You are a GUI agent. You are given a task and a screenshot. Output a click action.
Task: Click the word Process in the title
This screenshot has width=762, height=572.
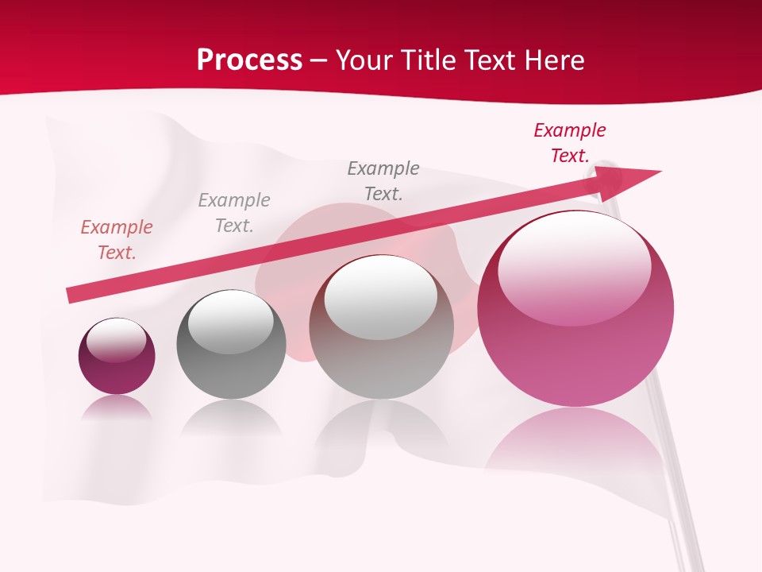coord(249,60)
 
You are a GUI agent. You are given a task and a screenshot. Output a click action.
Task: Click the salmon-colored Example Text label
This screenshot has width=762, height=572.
coord(117,240)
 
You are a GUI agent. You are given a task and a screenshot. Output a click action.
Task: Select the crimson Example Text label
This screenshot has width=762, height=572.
coord(569,143)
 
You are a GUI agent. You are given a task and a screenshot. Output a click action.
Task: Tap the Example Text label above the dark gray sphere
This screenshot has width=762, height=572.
coord(234,213)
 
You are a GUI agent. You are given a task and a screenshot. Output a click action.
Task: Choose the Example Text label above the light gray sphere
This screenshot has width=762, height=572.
coord(383,181)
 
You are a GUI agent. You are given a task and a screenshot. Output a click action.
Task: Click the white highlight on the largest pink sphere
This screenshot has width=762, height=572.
coord(574,262)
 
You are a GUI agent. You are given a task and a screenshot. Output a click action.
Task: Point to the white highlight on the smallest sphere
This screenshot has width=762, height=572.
coord(117,339)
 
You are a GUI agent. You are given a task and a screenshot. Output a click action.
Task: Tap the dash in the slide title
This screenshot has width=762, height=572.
coord(318,61)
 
